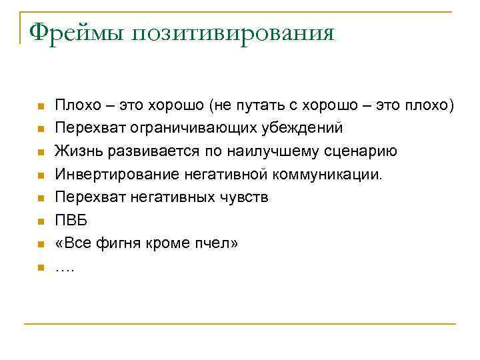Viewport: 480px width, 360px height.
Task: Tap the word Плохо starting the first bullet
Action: [x=75, y=105]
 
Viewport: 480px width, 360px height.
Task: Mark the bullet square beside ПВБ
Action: [x=41, y=221]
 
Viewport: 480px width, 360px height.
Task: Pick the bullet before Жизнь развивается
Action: [x=41, y=152]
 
